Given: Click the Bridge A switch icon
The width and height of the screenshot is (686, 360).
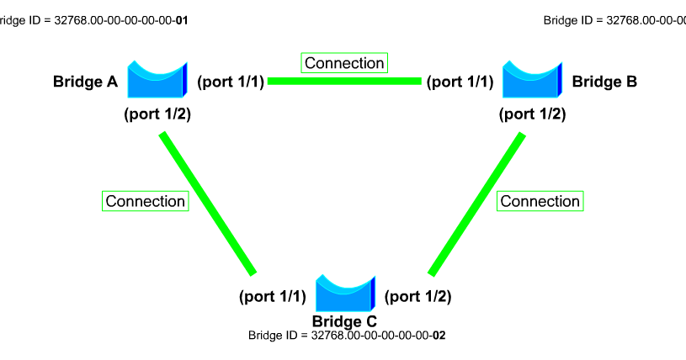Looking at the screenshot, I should [156, 81].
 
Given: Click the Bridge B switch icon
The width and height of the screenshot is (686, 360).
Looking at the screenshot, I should [531, 81].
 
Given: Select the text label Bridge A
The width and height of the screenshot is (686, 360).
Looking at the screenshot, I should [85, 82].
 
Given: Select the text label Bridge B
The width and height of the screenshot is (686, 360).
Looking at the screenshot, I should [604, 82].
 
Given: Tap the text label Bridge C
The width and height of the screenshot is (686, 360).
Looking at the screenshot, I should [344, 320].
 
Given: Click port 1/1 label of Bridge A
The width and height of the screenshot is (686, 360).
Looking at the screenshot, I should [231, 82].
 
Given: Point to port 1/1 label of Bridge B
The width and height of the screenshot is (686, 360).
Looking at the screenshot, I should [460, 82].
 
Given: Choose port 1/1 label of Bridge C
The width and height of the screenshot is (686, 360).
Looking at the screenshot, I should [273, 296].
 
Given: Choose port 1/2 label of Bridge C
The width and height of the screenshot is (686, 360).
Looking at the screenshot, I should [417, 296].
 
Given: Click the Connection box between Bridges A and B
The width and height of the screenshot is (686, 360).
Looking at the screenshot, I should [344, 63].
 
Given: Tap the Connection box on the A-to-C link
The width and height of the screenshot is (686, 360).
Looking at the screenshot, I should [145, 201].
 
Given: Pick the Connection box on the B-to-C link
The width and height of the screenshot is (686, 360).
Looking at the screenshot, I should [540, 201].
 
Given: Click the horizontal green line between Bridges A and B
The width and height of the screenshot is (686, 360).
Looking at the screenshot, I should [344, 82].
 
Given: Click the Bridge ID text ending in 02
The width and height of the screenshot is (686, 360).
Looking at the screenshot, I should [347, 335].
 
